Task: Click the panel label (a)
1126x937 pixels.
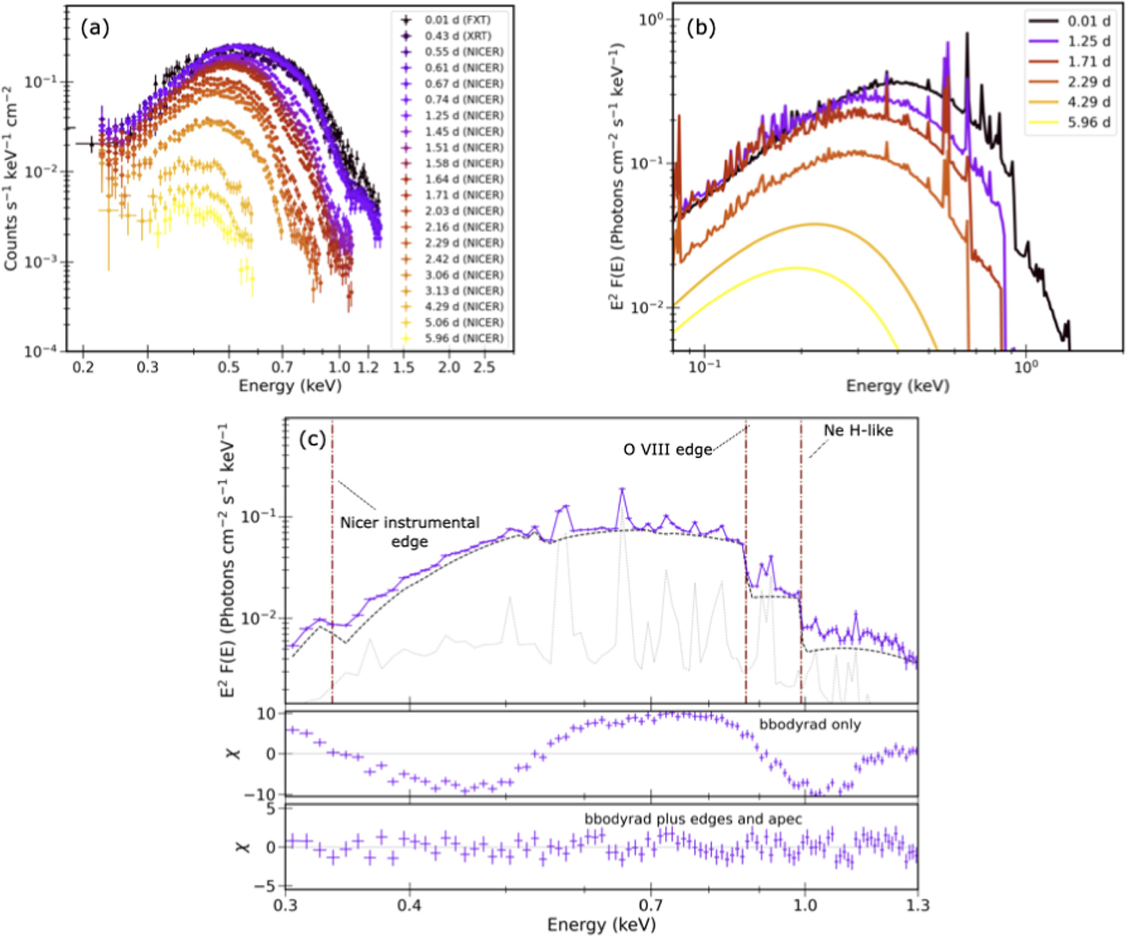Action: (x=95, y=28)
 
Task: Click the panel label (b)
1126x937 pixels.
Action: (x=700, y=28)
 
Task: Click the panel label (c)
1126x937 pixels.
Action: (x=312, y=439)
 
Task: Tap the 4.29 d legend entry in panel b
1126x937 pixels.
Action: (x=1088, y=102)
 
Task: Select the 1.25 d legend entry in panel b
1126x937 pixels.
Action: (x=1088, y=41)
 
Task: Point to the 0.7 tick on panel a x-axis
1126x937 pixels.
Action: (x=282, y=367)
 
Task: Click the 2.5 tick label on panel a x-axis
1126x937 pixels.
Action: (x=483, y=367)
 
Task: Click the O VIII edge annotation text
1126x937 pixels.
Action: (x=668, y=450)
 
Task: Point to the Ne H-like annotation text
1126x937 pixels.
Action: (x=858, y=431)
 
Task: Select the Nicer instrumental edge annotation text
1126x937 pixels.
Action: (x=410, y=532)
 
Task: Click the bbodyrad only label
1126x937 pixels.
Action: (x=810, y=724)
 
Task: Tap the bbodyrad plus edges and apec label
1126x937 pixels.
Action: (x=693, y=819)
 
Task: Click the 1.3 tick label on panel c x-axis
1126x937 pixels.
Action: (x=918, y=905)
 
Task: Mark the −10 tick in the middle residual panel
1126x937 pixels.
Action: (x=268, y=795)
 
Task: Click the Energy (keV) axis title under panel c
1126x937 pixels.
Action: (x=601, y=925)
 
